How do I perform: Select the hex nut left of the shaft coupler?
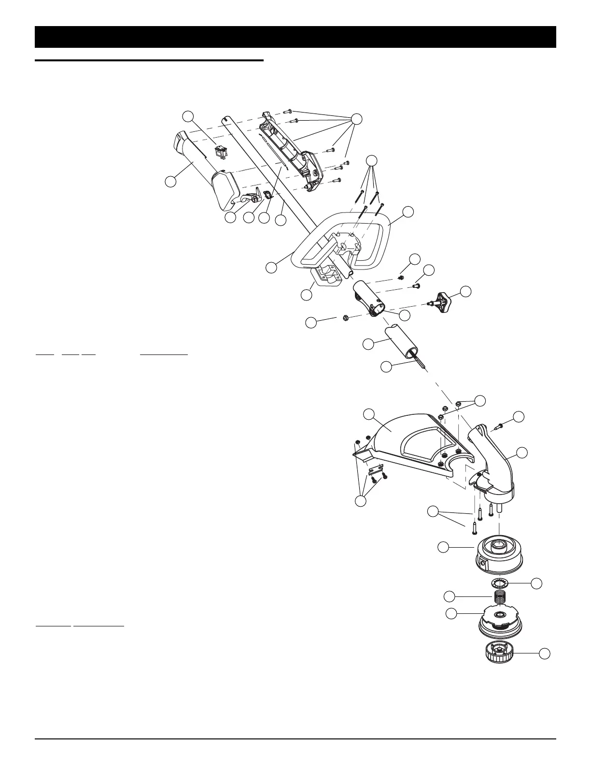click(x=346, y=317)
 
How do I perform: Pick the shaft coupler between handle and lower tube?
click(x=369, y=299)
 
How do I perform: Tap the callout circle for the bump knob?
click(x=545, y=653)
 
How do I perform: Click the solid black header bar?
click(x=295, y=37)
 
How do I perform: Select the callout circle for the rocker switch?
click(x=188, y=116)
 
